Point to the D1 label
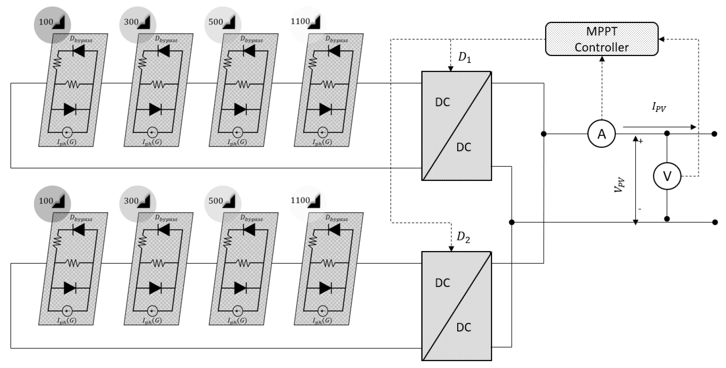[x=464, y=58]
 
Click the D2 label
[x=463, y=237]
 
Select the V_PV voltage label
[x=619, y=185]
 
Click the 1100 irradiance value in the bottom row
[x=300, y=200]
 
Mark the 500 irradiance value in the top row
[x=216, y=22]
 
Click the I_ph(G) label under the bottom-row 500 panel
[x=237, y=321]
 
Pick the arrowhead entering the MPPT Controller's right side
[x=661, y=39]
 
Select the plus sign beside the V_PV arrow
[x=641, y=141]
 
